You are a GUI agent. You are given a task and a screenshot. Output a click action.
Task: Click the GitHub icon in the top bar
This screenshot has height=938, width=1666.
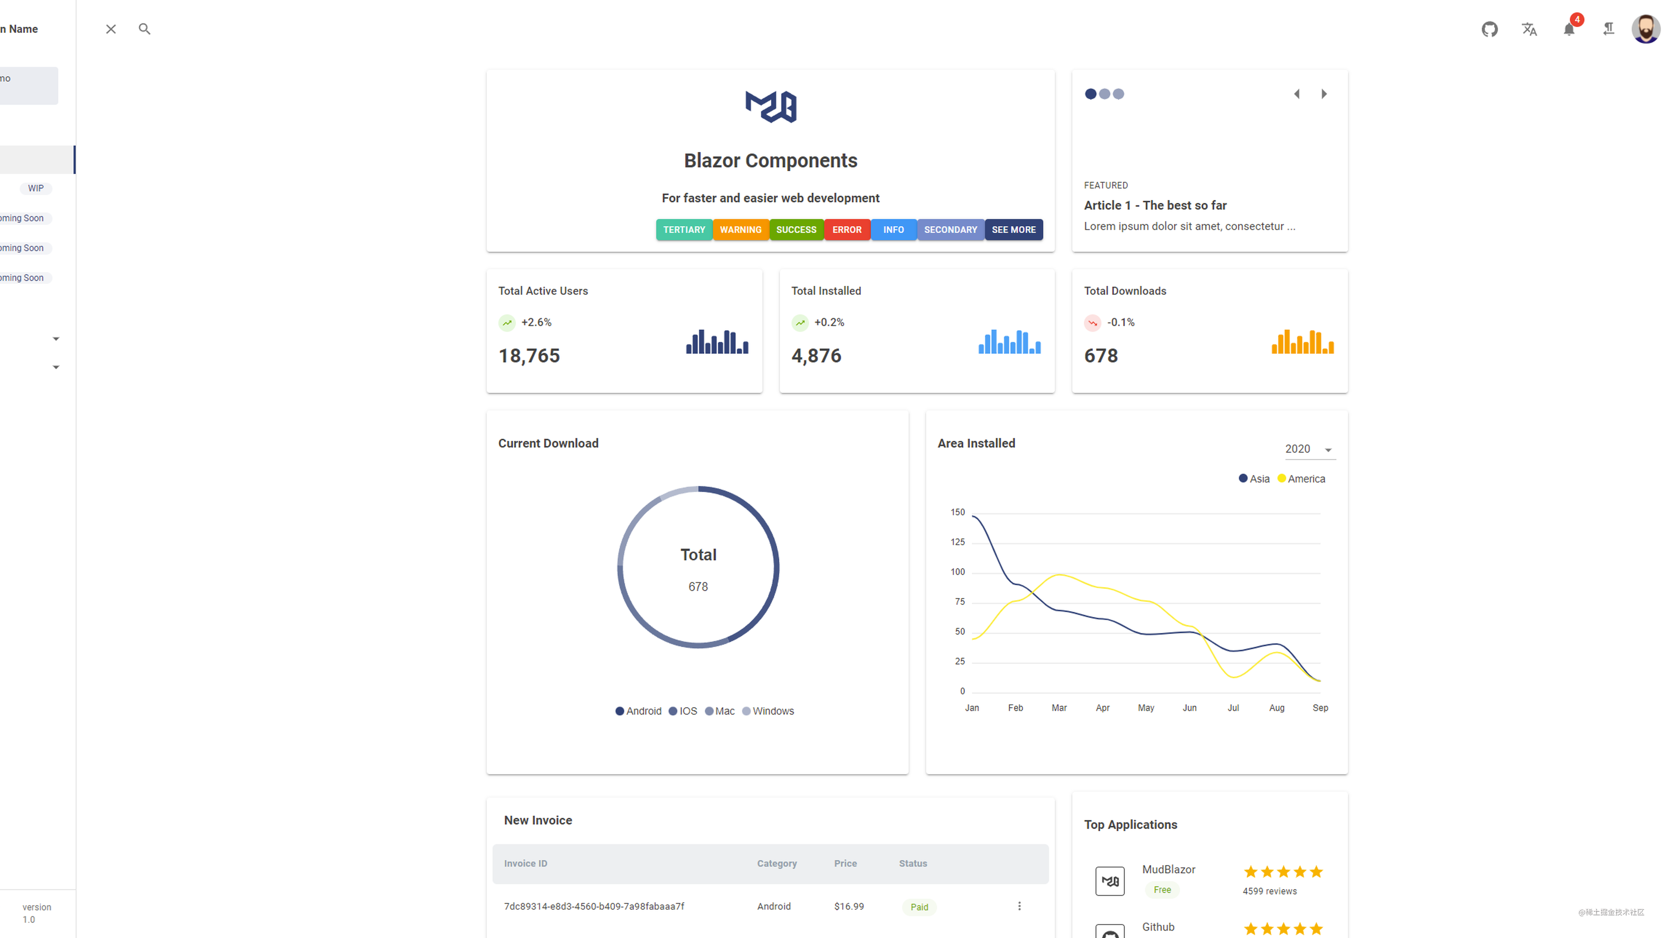click(1489, 29)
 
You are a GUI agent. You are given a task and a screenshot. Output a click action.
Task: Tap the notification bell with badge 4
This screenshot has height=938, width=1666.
click(1569, 29)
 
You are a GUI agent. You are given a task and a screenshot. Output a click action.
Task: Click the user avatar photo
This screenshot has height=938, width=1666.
click(1645, 29)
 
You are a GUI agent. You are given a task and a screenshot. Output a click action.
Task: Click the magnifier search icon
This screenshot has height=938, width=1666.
click(144, 29)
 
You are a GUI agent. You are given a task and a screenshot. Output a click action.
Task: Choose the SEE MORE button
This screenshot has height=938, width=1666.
click(1014, 230)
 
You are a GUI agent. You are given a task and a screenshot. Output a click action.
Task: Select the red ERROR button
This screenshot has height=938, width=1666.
click(847, 230)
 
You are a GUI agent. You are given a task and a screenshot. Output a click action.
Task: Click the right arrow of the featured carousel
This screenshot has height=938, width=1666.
click(1324, 94)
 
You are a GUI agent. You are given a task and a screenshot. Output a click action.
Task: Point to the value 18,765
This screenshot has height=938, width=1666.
click(529, 356)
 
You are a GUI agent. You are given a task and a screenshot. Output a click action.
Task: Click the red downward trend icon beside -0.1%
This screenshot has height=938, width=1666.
click(1092, 322)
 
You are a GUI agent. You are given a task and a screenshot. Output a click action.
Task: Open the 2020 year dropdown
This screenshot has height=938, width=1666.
click(1309, 449)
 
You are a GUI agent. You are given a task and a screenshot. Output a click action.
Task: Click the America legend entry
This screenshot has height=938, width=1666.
click(1301, 479)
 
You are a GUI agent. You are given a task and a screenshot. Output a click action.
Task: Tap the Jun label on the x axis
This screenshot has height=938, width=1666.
click(1189, 708)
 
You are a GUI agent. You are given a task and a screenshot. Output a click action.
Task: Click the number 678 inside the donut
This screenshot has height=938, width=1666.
click(698, 587)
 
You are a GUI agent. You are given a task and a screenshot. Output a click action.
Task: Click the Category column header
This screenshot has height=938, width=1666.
click(777, 864)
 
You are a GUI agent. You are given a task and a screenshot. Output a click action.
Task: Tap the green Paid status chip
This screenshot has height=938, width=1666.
click(919, 907)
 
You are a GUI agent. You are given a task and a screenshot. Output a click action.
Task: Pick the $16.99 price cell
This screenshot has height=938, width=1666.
click(849, 906)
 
